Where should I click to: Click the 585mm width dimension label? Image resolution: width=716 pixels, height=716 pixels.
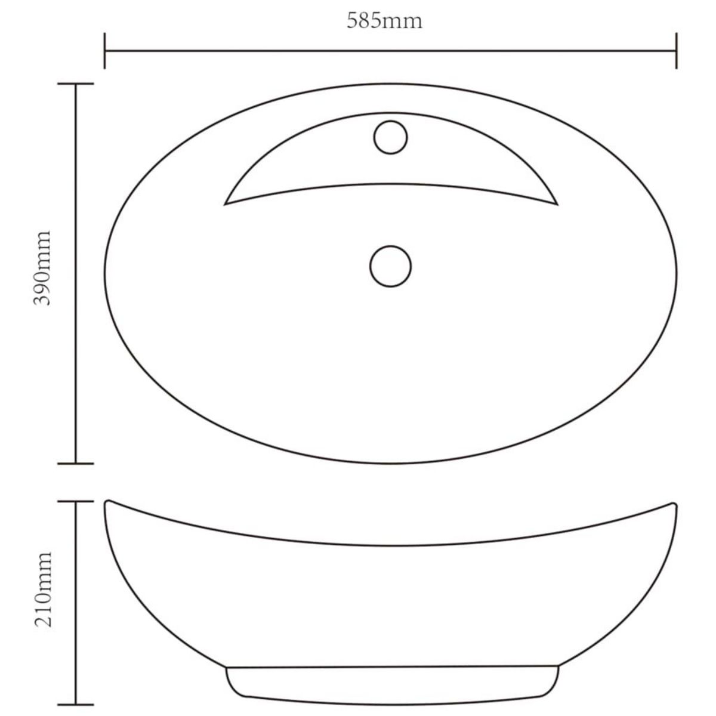pyautogui.click(x=384, y=21)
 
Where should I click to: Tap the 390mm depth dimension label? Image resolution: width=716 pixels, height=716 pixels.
pyautogui.click(x=42, y=268)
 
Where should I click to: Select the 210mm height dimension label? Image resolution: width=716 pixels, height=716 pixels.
pyautogui.click(x=42, y=589)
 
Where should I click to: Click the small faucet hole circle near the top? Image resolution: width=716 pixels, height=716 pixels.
pyautogui.click(x=390, y=137)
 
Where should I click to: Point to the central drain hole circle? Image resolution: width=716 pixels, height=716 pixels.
pyautogui.click(x=390, y=266)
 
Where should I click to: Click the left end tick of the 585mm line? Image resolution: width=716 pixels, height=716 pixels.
pyautogui.click(x=105, y=51)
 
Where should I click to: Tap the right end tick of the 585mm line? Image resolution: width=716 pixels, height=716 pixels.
pyautogui.click(x=675, y=51)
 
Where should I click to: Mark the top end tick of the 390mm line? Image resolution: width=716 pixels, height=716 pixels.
pyautogui.click(x=75, y=84)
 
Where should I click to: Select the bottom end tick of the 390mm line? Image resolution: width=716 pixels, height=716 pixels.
pyautogui.click(x=75, y=462)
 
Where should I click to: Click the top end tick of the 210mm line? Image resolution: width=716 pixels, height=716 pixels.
pyautogui.click(x=75, y=501)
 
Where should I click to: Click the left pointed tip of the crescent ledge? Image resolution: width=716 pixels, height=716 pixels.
pyautogui.click(x=225, y=204)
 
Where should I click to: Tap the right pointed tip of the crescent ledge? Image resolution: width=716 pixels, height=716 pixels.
pyautogui.click(x=556, y=204)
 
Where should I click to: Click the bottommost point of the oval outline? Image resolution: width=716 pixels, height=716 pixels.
pyautogui.click(x=391, y=463)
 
